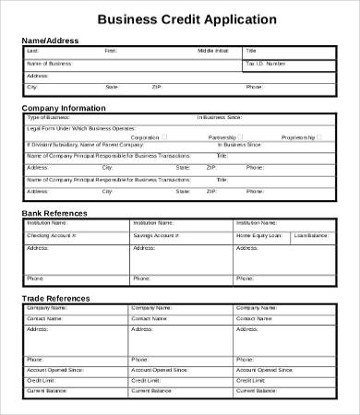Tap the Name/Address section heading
[50, 41]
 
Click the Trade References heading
[55, 298]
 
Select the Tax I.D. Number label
[265, 64]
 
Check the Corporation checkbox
[164, 136]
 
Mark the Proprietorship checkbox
[322, 136]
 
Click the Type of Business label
[48, 118]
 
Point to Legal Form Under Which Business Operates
[81, 127]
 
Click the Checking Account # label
[52, 236]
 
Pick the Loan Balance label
[311, 236]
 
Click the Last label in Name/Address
[32, 51]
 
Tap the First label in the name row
[111, 51]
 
